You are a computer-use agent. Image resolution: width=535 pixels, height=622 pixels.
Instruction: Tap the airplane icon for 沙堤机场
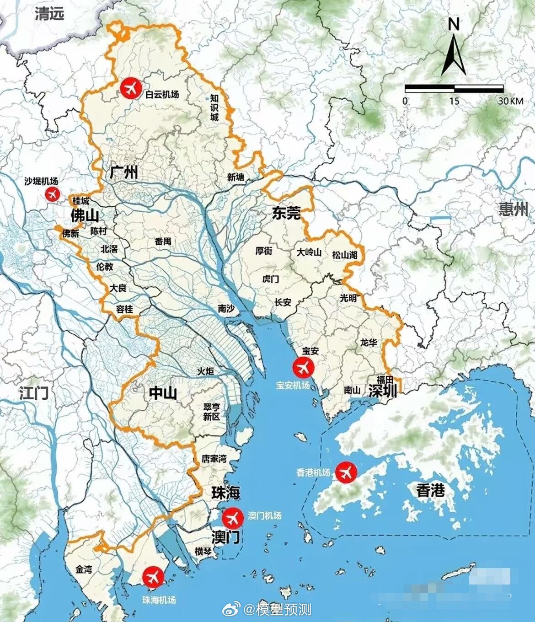53,194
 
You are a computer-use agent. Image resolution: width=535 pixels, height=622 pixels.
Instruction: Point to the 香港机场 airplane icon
346,472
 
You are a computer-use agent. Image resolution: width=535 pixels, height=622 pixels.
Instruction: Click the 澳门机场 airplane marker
233,518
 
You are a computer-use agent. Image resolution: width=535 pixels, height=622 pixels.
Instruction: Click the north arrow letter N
453,25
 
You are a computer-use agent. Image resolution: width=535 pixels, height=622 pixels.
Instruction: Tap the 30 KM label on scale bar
510,101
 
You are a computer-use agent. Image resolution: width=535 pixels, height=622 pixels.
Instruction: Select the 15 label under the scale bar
454,101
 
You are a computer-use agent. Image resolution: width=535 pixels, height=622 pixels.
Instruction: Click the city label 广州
124,173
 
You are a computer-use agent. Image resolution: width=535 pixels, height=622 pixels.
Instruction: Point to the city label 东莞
287,213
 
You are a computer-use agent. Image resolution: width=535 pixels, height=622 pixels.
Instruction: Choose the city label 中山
163,393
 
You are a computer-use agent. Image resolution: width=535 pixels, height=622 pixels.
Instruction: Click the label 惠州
514,209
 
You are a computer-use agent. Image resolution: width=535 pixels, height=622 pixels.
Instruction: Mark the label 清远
50,14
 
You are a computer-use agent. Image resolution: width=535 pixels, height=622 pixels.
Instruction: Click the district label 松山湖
345,255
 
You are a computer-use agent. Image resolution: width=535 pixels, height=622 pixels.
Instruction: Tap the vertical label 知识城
214,107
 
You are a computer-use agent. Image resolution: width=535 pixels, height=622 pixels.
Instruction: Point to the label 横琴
203,552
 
